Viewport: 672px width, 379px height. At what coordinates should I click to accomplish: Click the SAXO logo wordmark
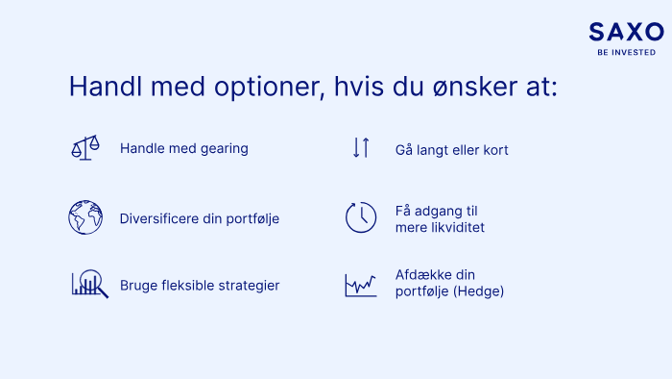tap(626, 32)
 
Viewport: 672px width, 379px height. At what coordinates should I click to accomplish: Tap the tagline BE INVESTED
tap(627, 52)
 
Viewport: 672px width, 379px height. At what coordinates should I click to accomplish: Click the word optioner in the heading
tap(270, 88)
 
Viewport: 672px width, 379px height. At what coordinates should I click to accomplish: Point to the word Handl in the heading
tap(106, 86)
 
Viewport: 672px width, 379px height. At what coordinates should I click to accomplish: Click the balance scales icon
tap(85, 147)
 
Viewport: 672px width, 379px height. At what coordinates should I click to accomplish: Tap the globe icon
tap(85, 217)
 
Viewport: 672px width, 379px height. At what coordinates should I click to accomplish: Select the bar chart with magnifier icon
tap(90, 283)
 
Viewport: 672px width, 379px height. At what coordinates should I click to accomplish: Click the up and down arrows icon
tap(361, 147)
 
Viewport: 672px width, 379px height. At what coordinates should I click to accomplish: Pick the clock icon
tap(361, 217)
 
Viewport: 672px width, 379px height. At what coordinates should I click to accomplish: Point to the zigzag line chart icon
tap(361, 285)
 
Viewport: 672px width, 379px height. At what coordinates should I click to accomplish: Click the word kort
tap(496, 150)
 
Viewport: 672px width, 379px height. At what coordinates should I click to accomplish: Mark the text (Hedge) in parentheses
tap(479, 291)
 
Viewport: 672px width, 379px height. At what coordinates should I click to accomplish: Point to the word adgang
tap(439, 212)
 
